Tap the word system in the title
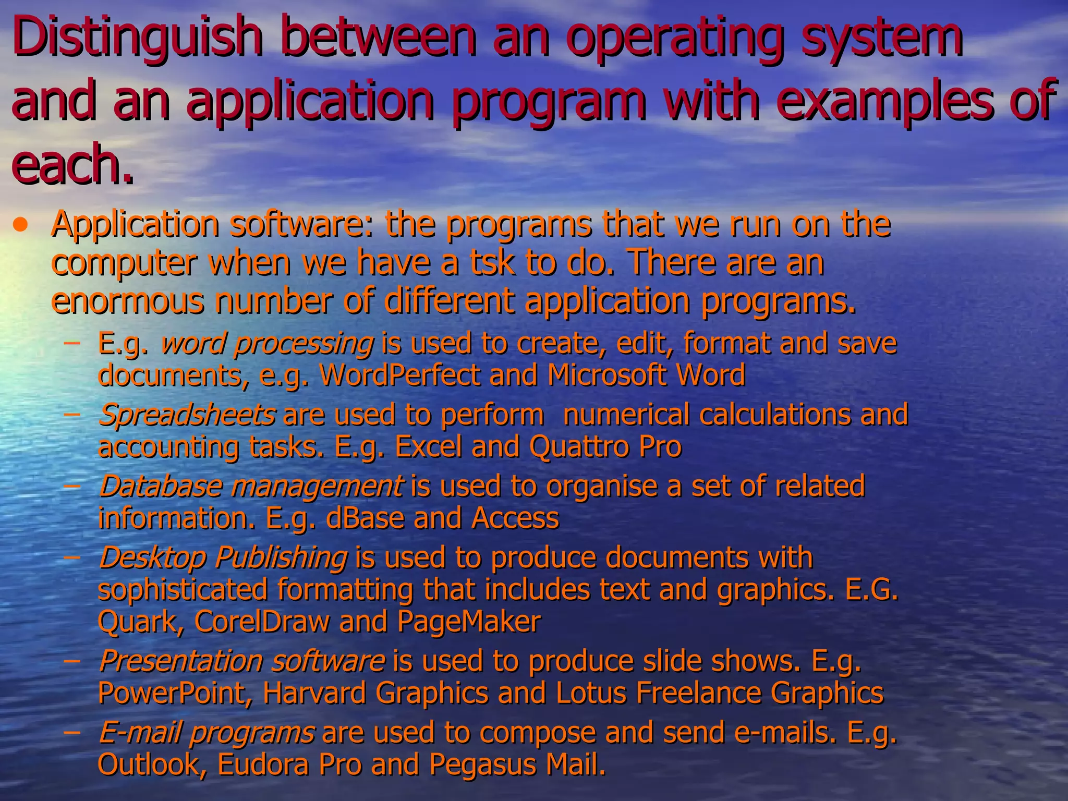[881, 38]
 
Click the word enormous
[128, 301]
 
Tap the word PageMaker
[469, 622]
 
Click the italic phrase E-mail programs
[207, 733]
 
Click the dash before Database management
[72, 487]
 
